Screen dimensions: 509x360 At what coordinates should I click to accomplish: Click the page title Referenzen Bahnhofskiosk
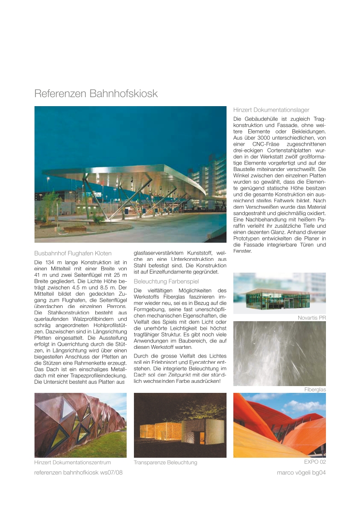pos(96,93)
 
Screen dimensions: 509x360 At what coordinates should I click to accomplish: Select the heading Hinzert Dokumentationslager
pos(271,110)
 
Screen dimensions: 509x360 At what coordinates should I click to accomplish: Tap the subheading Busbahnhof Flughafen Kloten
pos(73,253)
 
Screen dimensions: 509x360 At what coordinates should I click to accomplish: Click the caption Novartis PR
pos(311,318)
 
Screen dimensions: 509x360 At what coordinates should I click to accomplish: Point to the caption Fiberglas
pos(315,390)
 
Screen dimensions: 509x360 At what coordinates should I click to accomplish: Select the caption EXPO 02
pos(315,462)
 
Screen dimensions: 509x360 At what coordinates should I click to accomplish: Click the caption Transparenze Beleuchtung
pos(165,463)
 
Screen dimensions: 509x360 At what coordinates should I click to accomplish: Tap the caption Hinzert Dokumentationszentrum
pos(73,463)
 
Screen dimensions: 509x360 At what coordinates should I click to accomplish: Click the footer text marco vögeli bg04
pos(301,472)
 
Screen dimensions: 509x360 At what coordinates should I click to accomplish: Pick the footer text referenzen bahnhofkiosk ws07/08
pos(79,472)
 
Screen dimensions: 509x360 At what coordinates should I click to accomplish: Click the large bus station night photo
pos(130,174)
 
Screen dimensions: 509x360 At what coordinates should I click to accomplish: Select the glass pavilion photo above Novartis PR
pos(279,293)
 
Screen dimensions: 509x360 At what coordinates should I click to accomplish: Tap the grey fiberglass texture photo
pos(279,353)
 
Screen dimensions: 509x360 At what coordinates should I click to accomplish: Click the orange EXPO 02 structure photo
pos(279,425)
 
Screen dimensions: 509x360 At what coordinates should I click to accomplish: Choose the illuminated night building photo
pos(180,425)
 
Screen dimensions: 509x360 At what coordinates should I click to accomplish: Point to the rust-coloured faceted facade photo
pos(80,425)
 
